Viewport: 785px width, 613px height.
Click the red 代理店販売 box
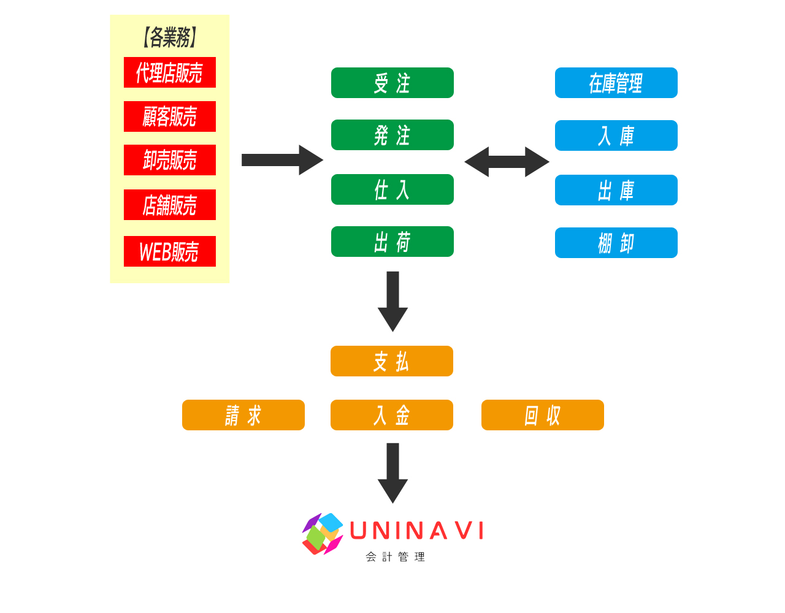(x=170, y=72)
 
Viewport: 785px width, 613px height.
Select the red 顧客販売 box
(x=170, y=116)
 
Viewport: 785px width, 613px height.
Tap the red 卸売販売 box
(x=170, y=160)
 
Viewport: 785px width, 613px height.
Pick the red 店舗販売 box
(x=170, y=205)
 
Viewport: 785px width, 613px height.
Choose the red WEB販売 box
(x=170, y=251)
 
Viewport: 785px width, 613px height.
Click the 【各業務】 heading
(x=169, y=37)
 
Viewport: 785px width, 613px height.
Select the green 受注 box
(x=392, y=83)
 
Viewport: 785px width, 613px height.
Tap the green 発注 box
(x=392, y=135)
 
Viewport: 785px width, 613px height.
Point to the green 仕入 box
(x=392, y=189)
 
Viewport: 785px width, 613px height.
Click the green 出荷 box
(x=392, y=242)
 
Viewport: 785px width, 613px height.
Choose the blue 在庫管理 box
(x=616, y=83)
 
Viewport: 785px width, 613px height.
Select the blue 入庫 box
(x=616, y=135)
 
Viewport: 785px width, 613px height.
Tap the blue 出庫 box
(x=616, y=190)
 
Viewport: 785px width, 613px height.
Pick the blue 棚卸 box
(x=616, y=243)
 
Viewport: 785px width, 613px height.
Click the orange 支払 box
(x=392, y=361)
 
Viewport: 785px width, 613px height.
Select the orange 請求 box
(x=243, y=415)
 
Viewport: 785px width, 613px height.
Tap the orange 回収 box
(x=543, y=415)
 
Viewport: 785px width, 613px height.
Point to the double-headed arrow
(x=507, y=162)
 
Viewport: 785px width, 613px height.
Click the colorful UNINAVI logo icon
(x=323, y=533)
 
